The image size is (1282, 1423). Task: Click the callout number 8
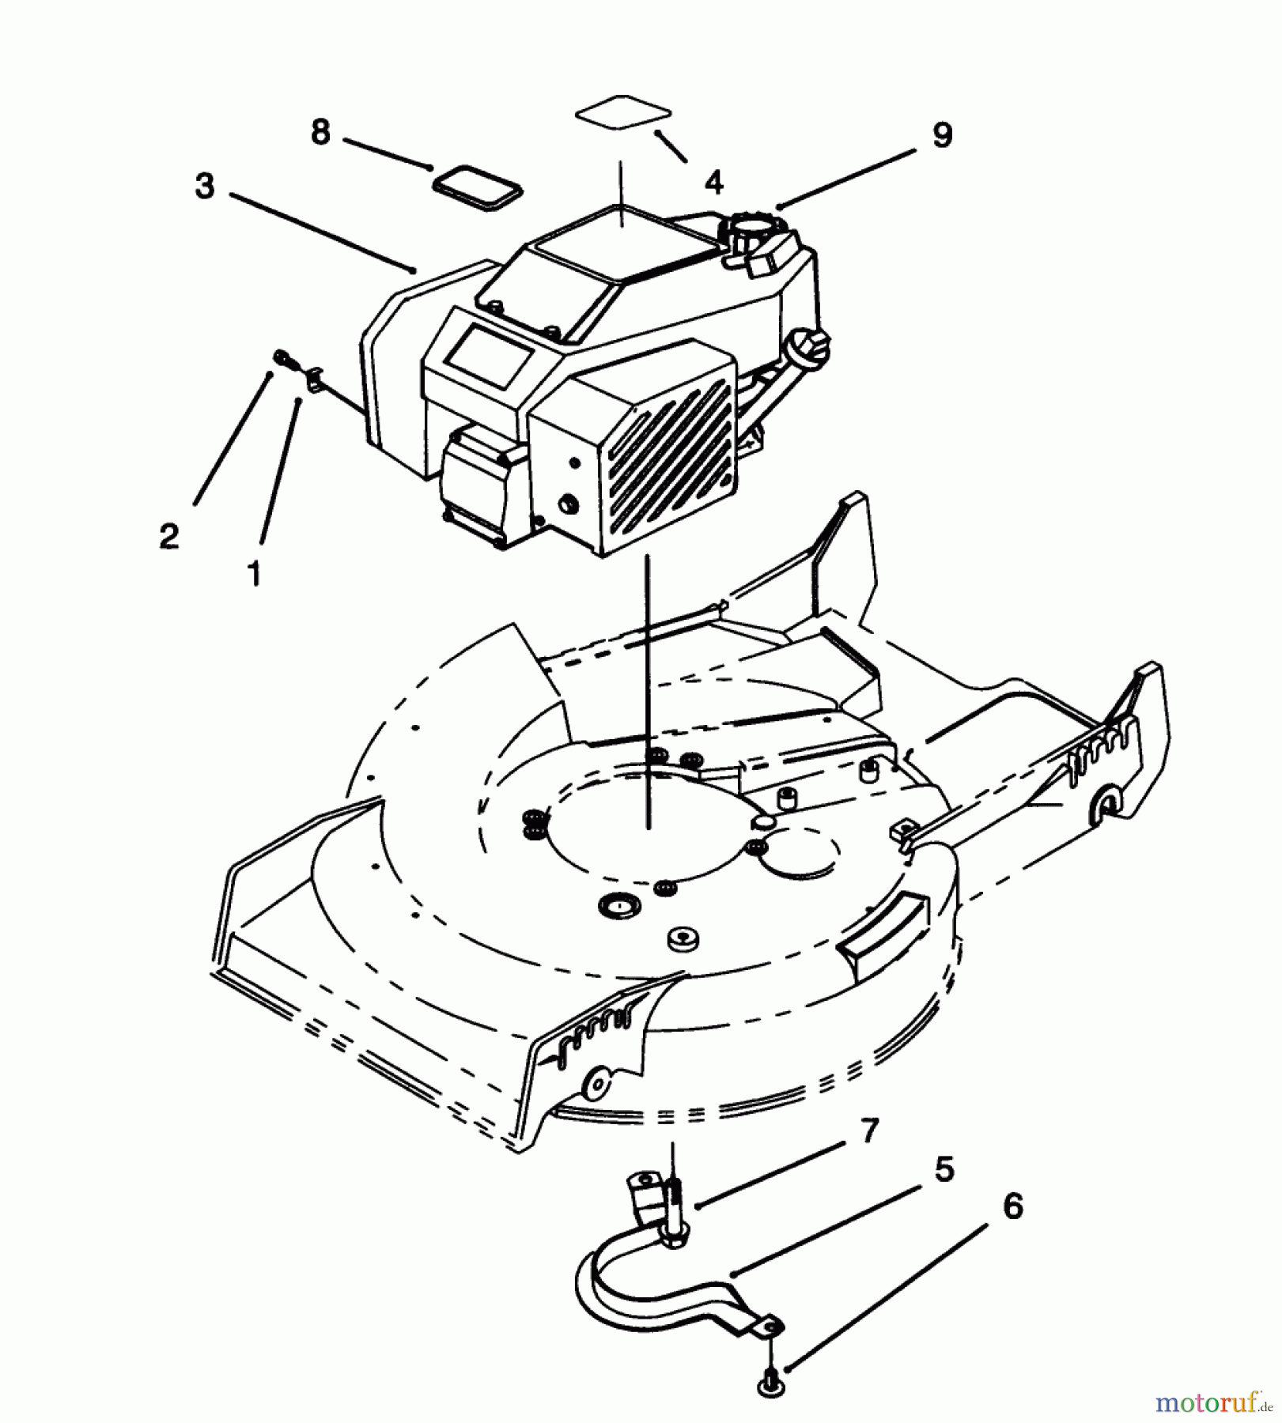coord(320,132)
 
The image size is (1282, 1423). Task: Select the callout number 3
coord(204,187)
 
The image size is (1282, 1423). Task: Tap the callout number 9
coord(943,135)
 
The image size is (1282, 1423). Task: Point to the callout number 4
coord(713,183)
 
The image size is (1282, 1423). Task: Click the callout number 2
coord(169,538)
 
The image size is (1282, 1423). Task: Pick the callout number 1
coord(254,573)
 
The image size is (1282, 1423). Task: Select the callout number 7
coord(870,1131)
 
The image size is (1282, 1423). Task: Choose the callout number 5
coord(944,1169)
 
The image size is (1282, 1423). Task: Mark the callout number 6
coord(1012,1207)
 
